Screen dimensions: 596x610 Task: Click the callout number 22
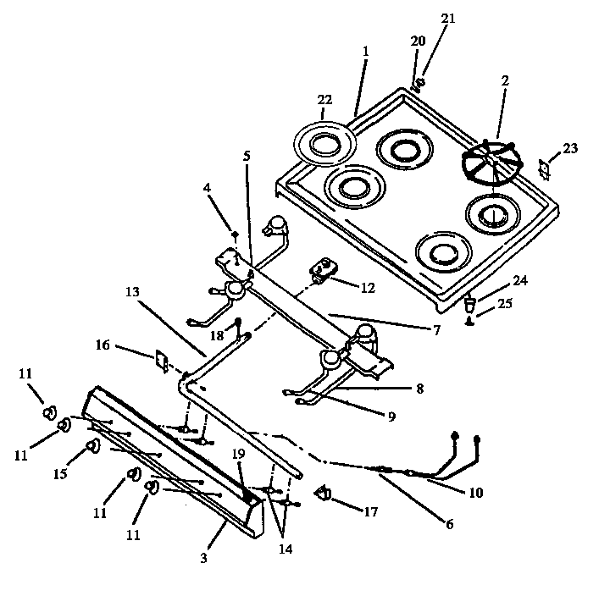[325, 100]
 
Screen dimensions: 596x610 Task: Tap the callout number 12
[368, 288]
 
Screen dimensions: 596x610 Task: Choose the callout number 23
[570, 148]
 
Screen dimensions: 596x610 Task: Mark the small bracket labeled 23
[545, 168]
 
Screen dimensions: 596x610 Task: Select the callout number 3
[202, 559]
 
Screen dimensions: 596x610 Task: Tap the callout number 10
[476, 493]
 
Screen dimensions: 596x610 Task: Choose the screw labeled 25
[468, 321]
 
